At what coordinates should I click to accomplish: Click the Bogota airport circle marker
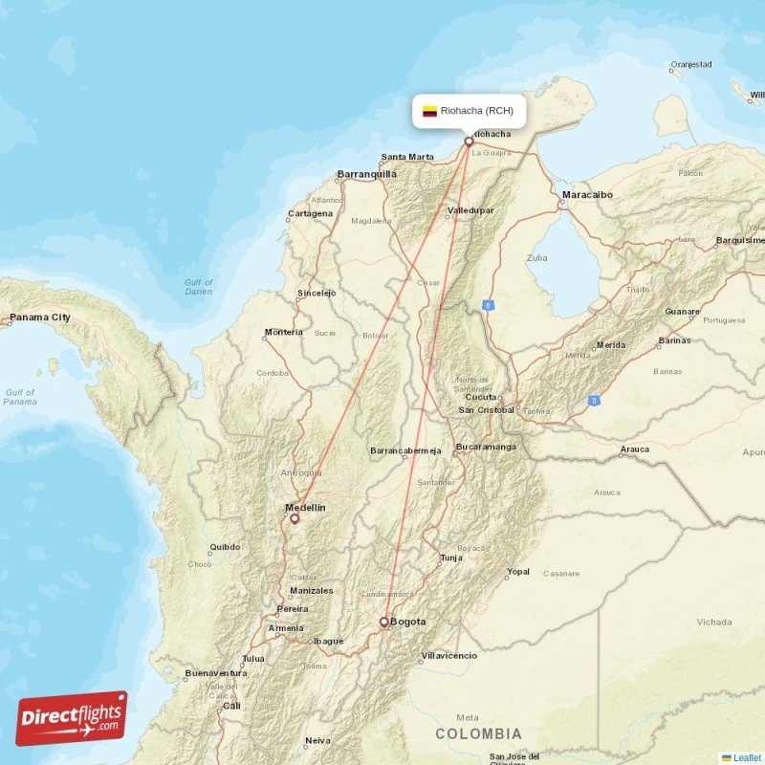(x=384, y=622)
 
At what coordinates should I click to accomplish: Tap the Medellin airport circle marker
(x=295, y=518)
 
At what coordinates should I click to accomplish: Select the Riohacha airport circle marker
(x=469, y=142)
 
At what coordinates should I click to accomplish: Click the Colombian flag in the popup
(x=429, y=111)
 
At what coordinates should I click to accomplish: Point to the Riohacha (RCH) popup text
(x=476, y=111)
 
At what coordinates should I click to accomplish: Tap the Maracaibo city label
(x=587, y=194)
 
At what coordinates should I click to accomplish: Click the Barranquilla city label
(x=366, y=174)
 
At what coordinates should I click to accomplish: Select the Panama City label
(x=39, y=317)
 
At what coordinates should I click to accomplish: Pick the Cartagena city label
(x=311, y=213)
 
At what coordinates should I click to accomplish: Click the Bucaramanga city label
(x=486, y=447)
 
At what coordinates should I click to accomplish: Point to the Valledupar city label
(x=470, y=209)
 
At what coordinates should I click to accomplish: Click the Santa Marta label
(x=407, y=157)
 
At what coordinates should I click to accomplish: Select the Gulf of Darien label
(x=199, y=286)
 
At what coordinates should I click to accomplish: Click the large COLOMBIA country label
(x=478, y=733)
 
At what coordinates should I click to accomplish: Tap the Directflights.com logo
(x=72, y=718)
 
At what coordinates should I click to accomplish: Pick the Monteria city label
(x=284, y=332)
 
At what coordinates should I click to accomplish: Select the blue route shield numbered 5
(x=594, y=400)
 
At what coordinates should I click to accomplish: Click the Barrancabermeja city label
(x=405, y=450)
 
